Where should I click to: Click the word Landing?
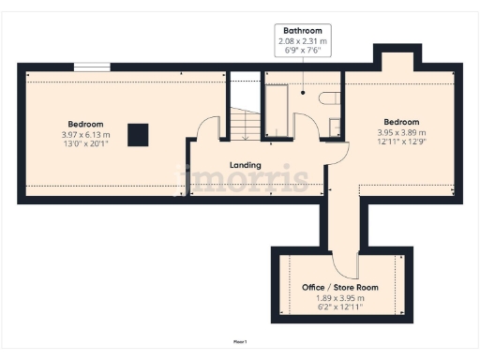coord(246,165)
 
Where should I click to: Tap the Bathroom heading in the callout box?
coord(302,31)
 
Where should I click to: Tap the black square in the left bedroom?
coord(138,135)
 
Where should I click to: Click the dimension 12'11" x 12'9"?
coord(401,142)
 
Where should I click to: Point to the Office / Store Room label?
coord(338,287)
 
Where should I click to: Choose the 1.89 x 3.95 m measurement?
coord(338,296)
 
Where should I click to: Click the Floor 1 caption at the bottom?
coord(240,342)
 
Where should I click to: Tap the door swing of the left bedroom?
coord(208,127)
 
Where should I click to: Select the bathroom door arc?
coord(306,126)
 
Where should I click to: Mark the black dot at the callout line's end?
coord(302,92)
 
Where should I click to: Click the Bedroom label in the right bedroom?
coord(400,122)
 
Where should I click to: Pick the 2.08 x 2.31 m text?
coord(302,41)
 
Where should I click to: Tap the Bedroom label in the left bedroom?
coord(85,124)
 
